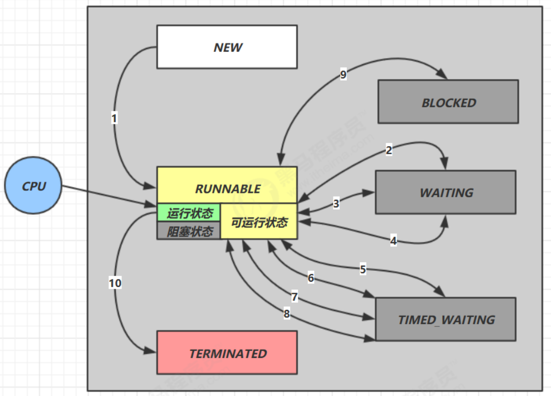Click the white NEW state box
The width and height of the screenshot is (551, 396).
coord(227,47)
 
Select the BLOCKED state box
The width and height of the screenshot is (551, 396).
coord(448,102)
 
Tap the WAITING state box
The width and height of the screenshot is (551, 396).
coord(446,192)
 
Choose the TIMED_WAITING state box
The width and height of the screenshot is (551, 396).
coord(446,319)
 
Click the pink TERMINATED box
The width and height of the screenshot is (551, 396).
coord(227,352)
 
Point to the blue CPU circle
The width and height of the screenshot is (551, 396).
coord(33,185)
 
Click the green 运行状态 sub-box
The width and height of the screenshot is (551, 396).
coord(189,212)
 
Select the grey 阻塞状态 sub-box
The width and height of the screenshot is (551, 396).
coord(189,230)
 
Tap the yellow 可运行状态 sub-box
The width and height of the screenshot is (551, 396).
coord(259,221)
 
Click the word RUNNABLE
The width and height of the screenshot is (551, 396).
coord(228,189)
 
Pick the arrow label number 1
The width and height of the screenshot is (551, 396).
coord(114,118)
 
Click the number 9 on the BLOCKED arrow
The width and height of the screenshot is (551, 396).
coord(343,74)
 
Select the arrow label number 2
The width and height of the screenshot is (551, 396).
coord(389,150)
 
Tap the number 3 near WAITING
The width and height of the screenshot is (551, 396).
coord(336,203)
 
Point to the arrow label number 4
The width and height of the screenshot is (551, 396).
coord(394,241)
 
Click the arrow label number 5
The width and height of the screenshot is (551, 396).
coord(363,269)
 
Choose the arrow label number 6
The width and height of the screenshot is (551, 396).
coord(311,278)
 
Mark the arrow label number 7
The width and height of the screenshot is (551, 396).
coord(294,297)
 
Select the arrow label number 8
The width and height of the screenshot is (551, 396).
coord(286,314)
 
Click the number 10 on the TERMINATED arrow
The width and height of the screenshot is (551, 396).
coord(115,283)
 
